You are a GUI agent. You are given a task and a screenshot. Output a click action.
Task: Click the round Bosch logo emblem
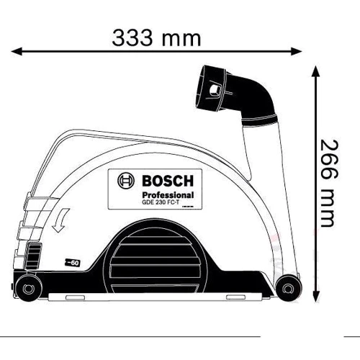point(125,181)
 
